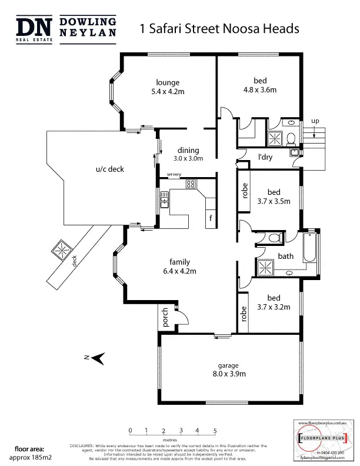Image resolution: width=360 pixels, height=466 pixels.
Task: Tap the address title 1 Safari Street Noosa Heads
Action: (219, 28)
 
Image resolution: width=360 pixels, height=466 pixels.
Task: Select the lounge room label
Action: (168, 82)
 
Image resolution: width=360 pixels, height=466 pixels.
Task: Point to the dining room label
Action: (188, 150)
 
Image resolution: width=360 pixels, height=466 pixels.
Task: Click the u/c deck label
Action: (110, 169)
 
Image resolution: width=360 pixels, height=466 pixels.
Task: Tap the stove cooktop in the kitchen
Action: (191, 184)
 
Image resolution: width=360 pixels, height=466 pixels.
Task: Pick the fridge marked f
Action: (211, 219)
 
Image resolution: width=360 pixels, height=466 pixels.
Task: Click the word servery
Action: (174, 175)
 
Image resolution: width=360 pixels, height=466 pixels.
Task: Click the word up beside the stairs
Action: (315, 121)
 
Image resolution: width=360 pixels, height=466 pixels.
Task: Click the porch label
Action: (165, 317)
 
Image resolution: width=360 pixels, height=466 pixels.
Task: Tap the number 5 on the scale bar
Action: (215, 431)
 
